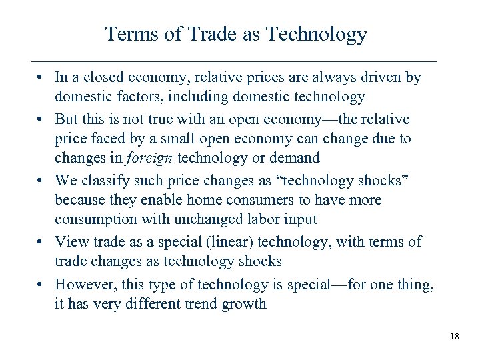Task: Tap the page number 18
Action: tap(454, 336)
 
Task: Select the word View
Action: tap(70, 241)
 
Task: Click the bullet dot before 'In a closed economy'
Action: tap(42, 77)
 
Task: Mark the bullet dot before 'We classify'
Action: tap(42, 180)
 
